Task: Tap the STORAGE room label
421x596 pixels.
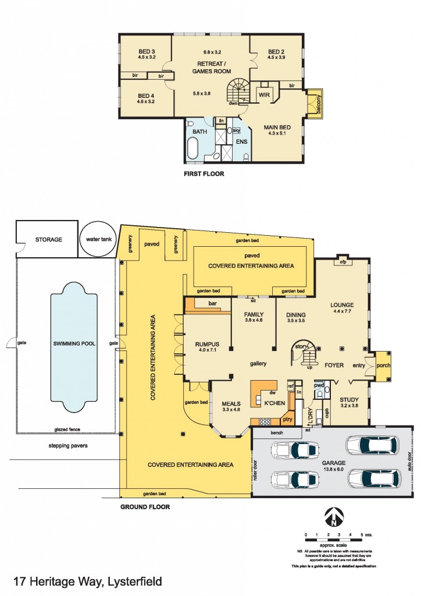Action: point(49,239)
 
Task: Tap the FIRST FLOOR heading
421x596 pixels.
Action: point(204,173)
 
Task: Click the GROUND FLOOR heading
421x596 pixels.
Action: point(145,507)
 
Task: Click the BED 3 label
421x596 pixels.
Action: point(144,54)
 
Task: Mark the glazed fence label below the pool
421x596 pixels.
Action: point(67,428)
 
